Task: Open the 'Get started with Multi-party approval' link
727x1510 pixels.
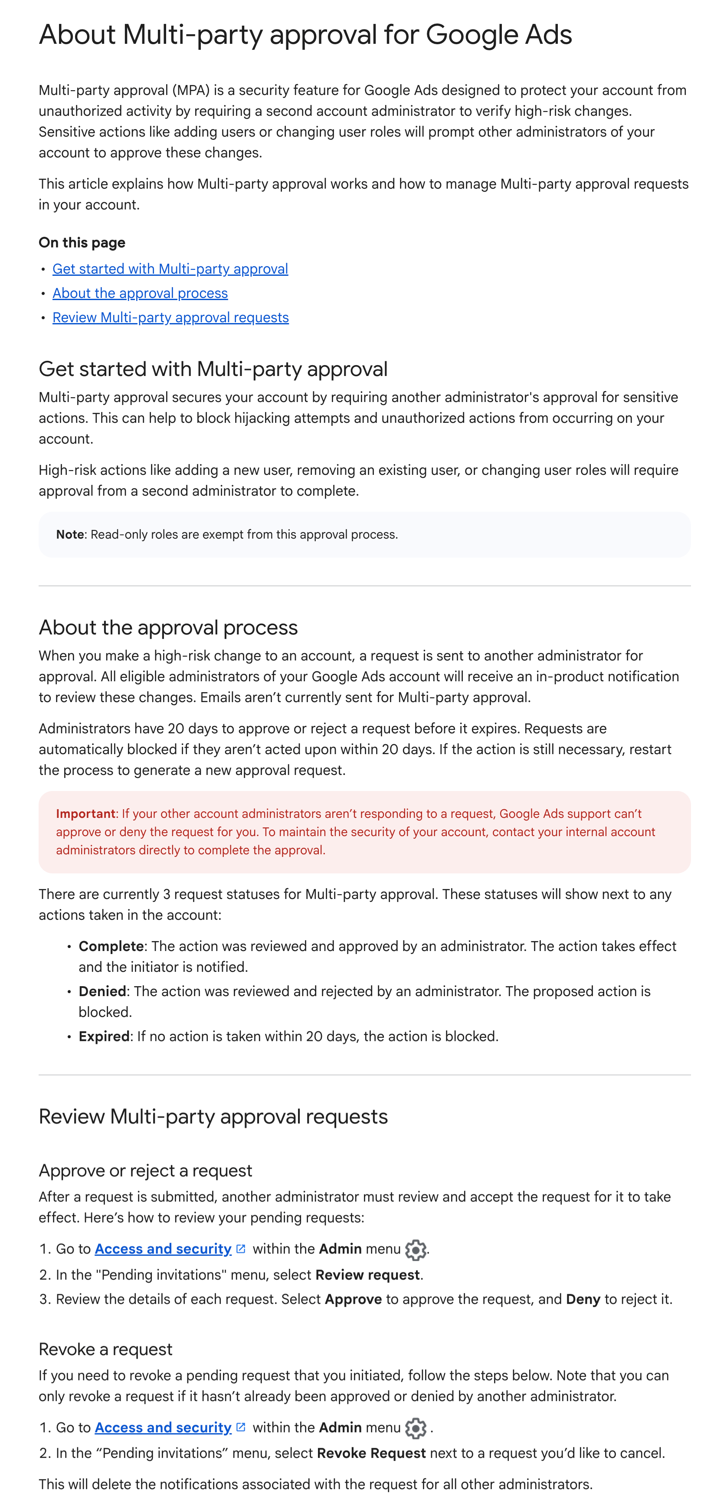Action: click(x=170, y=269)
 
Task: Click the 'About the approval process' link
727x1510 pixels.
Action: click(x=140, y=293)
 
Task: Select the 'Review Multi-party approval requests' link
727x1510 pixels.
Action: click(x=170, y=318)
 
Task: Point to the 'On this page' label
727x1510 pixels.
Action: click(x=82, y=243)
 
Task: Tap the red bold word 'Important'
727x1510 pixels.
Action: click(x=85, y=814)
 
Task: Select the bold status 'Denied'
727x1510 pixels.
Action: click(x=103, y=991)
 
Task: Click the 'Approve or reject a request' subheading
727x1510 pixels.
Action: click(x=145, y=1170)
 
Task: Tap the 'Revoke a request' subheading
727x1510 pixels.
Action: click(x=105, y=1350)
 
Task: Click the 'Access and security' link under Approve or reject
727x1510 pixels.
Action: click(x=163, y=1249)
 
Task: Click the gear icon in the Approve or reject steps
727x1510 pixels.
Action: click(x=416, y=1250)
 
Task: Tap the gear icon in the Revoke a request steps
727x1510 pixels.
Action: click(x=416, y=1428)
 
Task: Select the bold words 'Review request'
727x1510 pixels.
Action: click(x=367, y=1275)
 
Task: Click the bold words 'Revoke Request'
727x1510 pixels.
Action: click(x=371, y=1454)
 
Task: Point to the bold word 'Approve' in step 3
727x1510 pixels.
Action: click(x=353, y=1300)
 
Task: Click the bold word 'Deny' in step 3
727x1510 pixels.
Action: click(x=583, y=1300)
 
